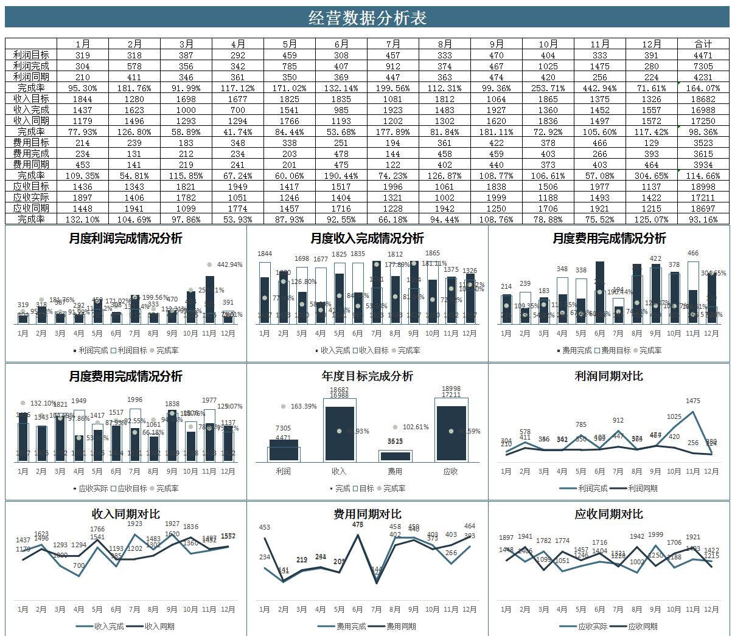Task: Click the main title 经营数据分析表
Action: pyautogui.click(x=367, y=18)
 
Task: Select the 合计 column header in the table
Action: pyautogui.click(x=703, y=44)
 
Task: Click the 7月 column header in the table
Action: pyautogui.click(x=393, y=44)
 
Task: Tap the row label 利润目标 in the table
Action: pyautogui.click(x=31, y=55)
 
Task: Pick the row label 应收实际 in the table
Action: pyautogui.click(x=31, y=197)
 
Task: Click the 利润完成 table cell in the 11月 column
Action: pyautogui.click(x=599, y=66)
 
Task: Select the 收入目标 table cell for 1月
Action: pyautogui.click(x=83, y=99)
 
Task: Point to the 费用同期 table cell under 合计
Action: pyautogui.click(x=703, y=164)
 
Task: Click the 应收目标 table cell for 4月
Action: pyautogui.click(x=238, y=186)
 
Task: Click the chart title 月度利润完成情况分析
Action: pyautogui.click(x=125, y=238)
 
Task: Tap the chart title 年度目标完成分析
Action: pyautogui.click(x=367, y=376)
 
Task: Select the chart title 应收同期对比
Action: pyautogui.click(x=608, y=514)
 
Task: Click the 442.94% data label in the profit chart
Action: pyautogui.click(x=229, y=264)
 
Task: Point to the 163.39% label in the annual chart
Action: pyautogui.click(x=304, y=406)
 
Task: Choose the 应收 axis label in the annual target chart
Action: pyautogui.click(x=450, y=471)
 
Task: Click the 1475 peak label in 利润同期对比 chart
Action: pyautogui.click(x=692, y=401)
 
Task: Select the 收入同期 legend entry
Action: pyautogui.click(x=159, y=626)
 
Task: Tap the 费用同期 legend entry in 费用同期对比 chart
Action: pyautogui.click(x=401, y=626)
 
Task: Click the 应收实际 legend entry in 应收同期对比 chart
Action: pyautogui.click(x=593, y=626)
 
